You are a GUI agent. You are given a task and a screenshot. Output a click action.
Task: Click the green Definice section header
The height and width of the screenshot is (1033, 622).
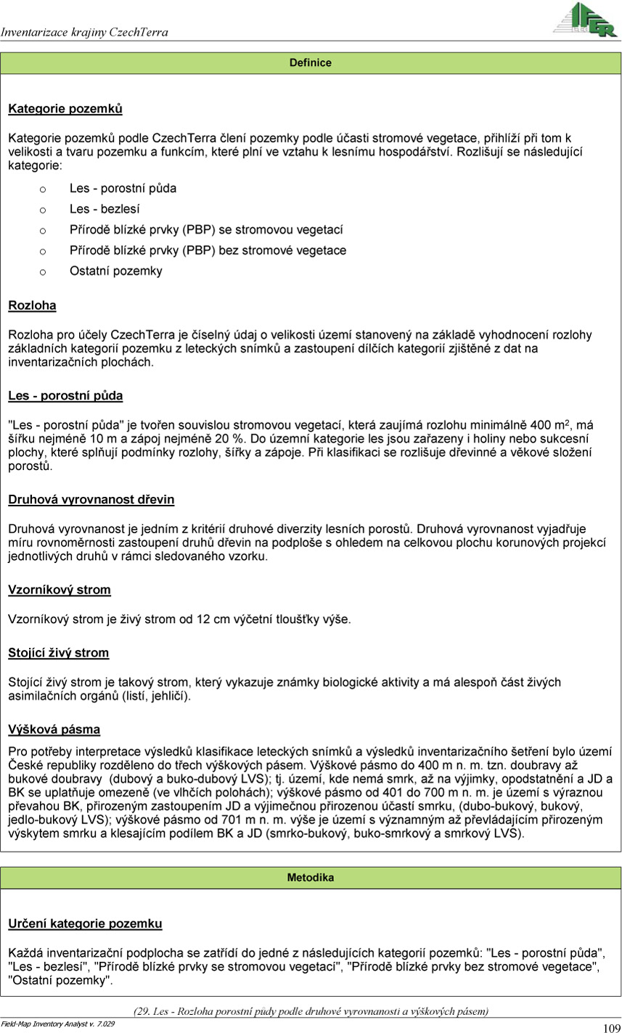point(311,63)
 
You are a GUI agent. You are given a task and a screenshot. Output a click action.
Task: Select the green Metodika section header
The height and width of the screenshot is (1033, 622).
point(311,878)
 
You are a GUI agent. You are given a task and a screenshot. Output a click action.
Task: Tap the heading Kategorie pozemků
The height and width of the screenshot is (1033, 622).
point(65,110)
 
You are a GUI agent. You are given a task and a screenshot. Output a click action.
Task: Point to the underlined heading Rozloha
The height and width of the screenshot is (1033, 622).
point(32,306)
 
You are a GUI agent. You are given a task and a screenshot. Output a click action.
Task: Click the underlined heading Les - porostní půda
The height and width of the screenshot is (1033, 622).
point(65,396)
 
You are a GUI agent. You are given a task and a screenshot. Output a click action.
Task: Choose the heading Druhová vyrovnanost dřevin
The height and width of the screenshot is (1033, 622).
point(91,500)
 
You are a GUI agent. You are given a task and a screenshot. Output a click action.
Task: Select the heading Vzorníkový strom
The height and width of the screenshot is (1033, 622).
point(60,590)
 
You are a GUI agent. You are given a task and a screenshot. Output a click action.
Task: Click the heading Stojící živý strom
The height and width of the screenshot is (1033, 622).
point(59,653)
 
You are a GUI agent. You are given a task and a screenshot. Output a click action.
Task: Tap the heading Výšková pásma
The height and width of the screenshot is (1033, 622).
point(54,730)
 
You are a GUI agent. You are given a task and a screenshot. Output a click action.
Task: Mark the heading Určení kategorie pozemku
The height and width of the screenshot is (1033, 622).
point(85,924)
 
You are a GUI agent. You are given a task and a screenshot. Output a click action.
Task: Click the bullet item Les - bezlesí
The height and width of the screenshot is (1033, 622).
point(105,210)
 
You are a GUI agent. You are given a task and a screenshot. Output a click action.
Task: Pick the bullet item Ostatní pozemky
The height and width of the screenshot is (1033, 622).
point(116,271)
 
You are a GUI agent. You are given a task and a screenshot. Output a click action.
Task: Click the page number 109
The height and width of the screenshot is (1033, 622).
point(611,1027)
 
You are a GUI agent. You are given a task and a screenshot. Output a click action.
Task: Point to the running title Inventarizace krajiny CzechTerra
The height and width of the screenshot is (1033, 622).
point(85,32)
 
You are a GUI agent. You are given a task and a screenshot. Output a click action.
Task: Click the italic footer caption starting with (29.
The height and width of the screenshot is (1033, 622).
point(311,1011)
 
